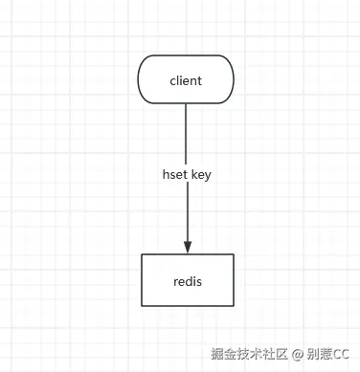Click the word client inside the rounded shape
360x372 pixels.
[x=186, y=80]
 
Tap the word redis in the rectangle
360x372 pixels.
[x=187, y=281]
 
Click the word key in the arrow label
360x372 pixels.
[x=201, y=175]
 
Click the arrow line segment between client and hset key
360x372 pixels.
[x=187, y=134]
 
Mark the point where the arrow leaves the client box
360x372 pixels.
[x=187, y=103]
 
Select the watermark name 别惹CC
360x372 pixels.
[x=328, y=354]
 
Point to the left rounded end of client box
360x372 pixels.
[x=140, y=79]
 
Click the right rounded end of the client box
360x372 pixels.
[x=233, y=79]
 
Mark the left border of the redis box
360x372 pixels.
[x=142, y=280]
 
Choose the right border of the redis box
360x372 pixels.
[x=233, y=280]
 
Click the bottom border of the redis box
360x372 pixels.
[x=187, y=306]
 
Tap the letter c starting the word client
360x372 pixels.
[x=172, y=81]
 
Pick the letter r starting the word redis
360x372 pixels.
[x=175, y=282]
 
